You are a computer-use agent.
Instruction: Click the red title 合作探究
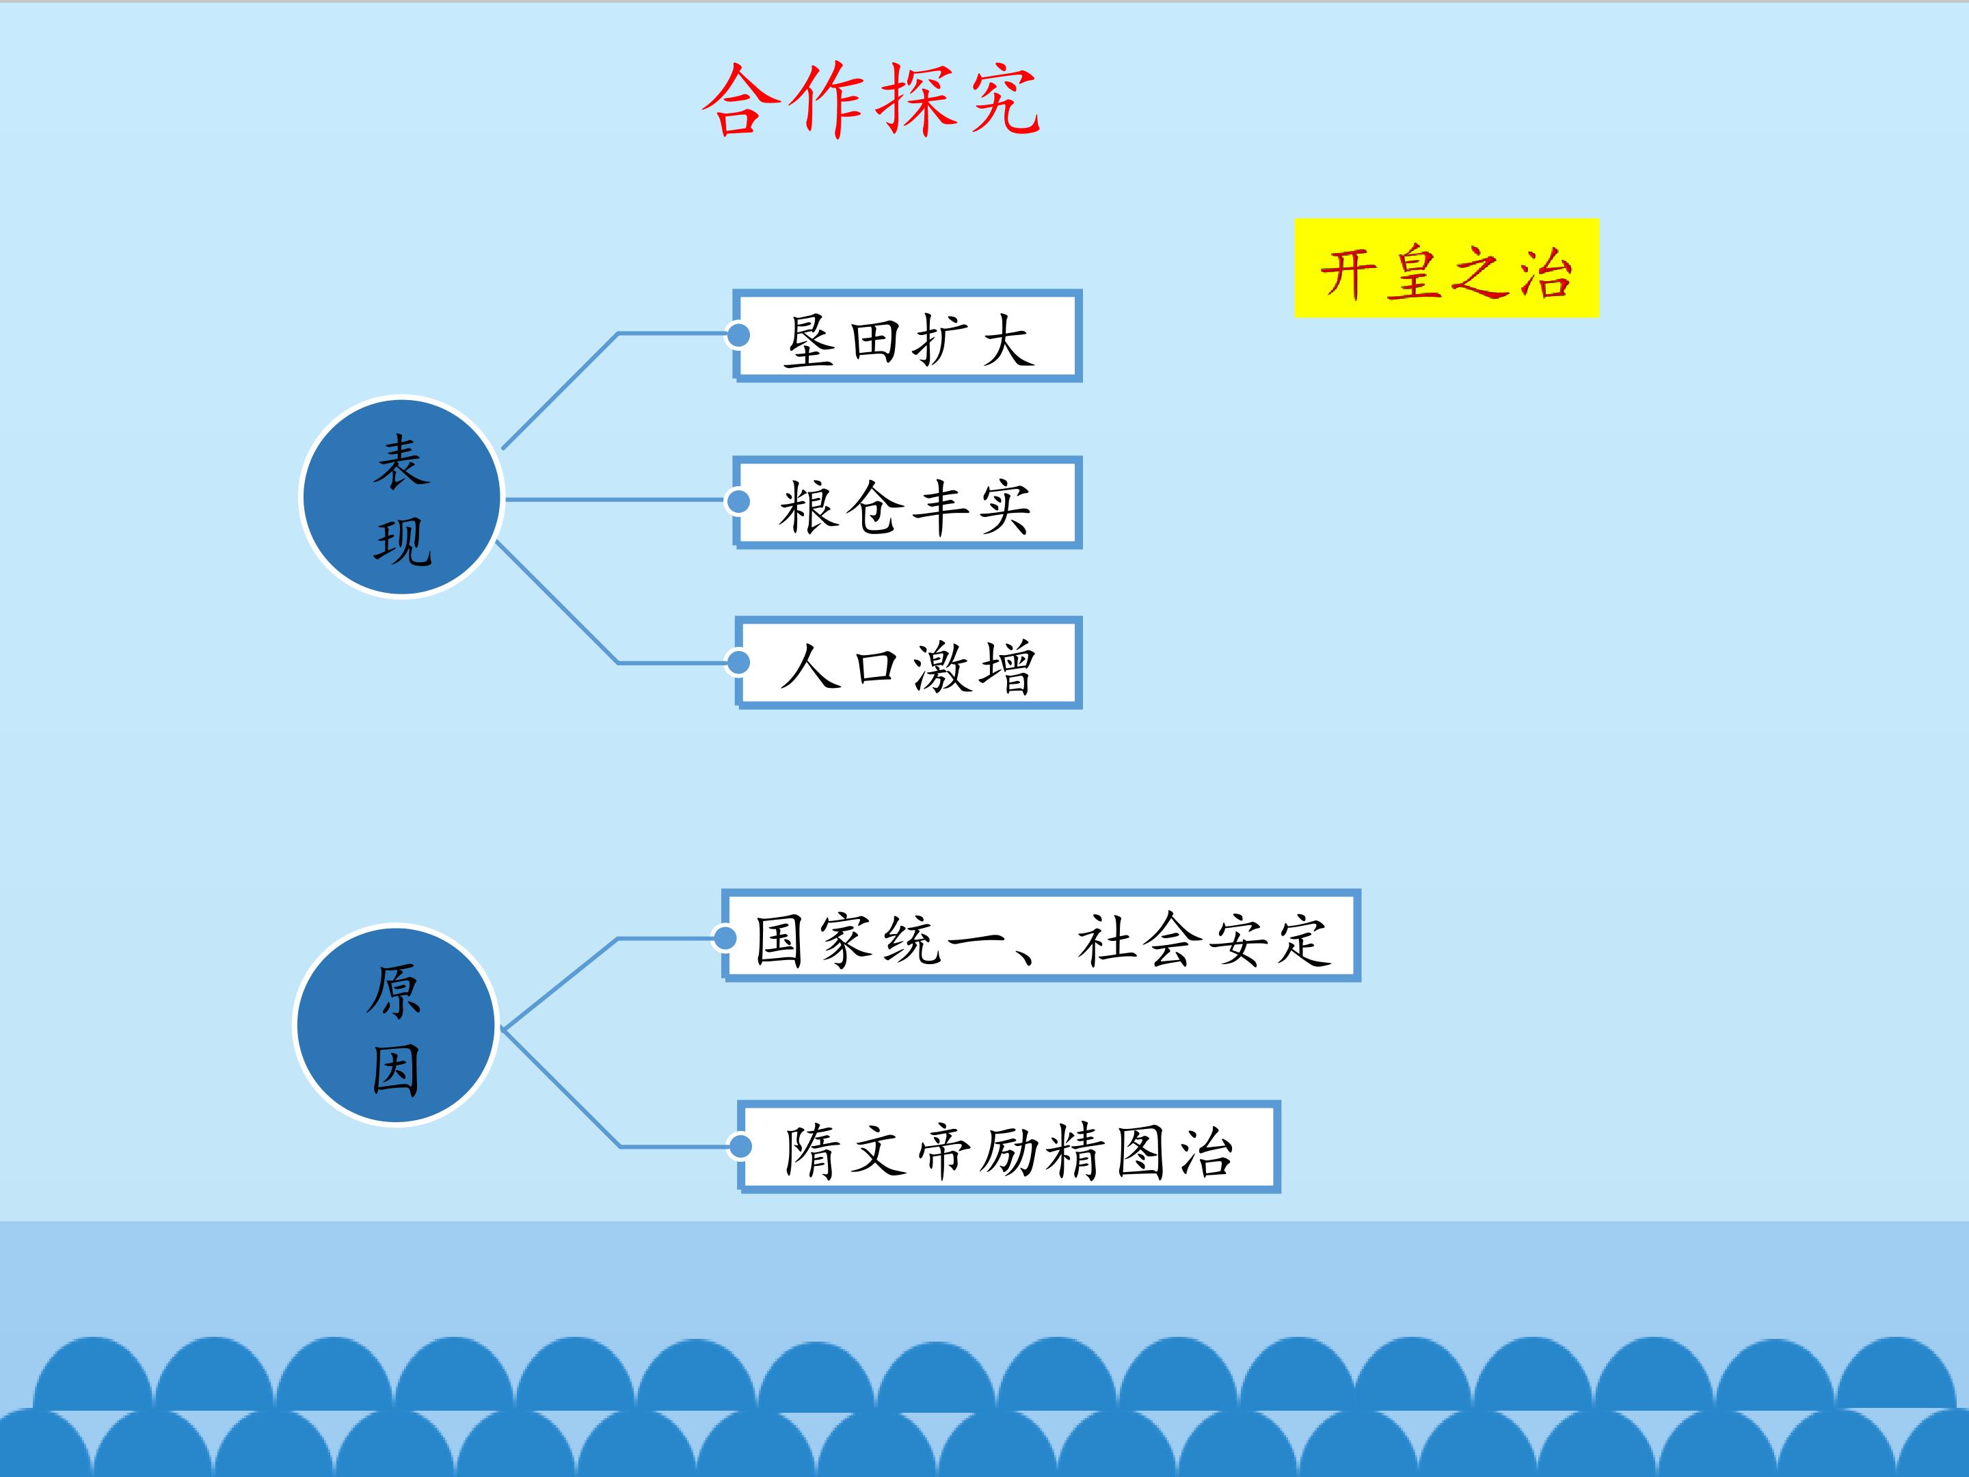coord(870,100)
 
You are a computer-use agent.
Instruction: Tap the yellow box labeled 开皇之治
coord(1447,268)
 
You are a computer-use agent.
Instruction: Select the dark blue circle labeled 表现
coord(401,497)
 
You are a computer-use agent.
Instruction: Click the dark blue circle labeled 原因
coord(395,1025)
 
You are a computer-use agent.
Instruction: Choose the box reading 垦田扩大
coord(907,336)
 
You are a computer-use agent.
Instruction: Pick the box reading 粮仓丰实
coord(907,502)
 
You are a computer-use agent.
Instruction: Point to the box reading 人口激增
coord(908,663)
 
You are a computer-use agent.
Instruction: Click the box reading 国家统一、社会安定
coord(1041,935)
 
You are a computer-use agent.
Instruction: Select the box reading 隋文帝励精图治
coord(1008,1147)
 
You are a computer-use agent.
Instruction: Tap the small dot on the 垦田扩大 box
coord(738,335)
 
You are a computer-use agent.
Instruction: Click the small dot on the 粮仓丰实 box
coord(738,501)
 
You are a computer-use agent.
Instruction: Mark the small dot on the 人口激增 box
coord(738,663)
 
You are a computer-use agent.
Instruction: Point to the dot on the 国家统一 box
coord(725,937)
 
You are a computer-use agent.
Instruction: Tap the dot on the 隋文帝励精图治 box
coord(740,1147)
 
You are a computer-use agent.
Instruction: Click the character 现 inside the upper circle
coord(402,542)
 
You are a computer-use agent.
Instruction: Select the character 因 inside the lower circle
coord(396,1070)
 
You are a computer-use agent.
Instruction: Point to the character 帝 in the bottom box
coord(943,1150)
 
